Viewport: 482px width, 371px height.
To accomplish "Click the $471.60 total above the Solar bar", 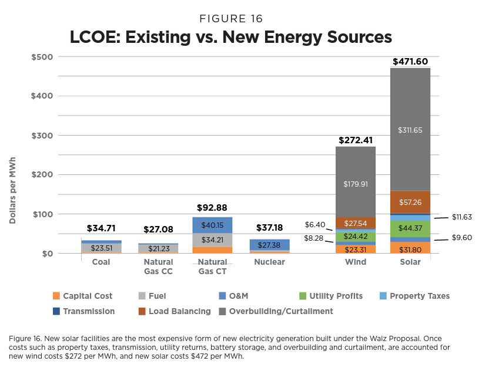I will (410, 62).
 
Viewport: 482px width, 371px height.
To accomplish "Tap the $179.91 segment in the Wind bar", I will (356, 184).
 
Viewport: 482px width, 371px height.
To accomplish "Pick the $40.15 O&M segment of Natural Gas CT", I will (212, 225).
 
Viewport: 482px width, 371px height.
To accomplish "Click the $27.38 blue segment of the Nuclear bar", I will (269, 244).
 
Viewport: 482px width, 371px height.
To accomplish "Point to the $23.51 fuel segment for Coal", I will (101, 248).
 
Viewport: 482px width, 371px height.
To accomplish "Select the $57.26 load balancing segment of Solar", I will (410, 201).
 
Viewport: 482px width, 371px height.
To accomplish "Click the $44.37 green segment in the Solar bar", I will (410, 228).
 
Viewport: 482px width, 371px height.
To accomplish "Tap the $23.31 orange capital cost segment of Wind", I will (356, 249).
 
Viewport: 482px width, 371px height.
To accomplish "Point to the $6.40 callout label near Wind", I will (316, 224).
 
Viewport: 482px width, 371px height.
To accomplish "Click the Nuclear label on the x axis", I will (269, 262).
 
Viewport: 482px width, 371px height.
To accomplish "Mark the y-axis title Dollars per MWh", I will (12, 190).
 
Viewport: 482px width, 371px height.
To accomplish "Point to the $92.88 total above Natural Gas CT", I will (212, 208).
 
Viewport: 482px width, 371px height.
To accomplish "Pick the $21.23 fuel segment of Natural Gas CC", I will (156, 248).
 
